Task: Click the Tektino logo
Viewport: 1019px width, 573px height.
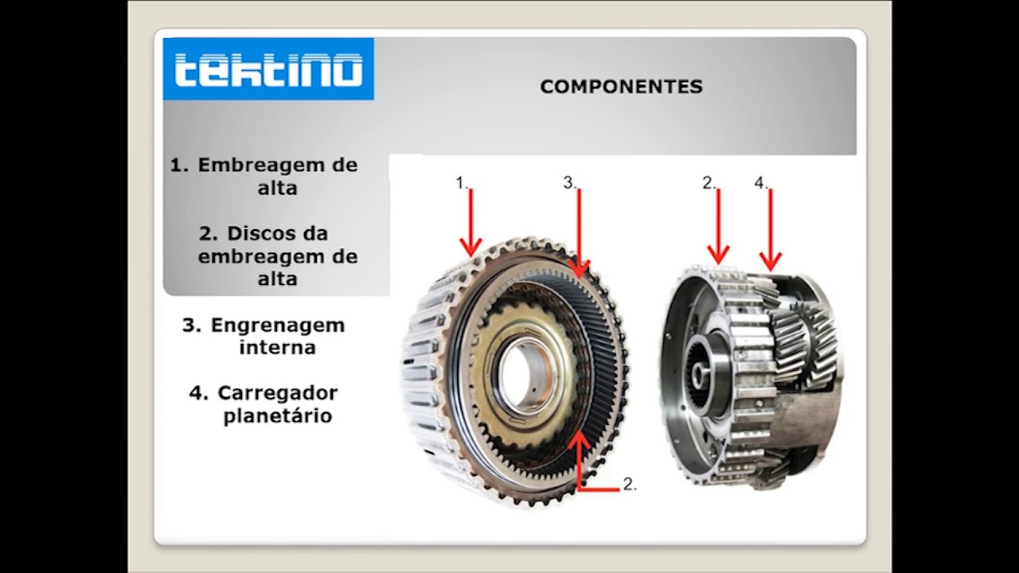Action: [x=268, y=69]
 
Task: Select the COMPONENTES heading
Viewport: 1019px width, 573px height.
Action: [x=621, y=87]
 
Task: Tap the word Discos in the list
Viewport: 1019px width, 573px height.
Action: [x=255, y=234]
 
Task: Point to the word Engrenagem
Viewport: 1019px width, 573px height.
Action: [x=277, y=325]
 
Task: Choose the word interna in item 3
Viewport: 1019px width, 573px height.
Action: [x=277, y=348]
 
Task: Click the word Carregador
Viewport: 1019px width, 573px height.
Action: [x=277, y=393]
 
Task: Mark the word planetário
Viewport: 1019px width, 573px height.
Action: [x=277, y=415]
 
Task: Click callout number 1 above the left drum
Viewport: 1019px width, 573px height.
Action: [x=461, y=182]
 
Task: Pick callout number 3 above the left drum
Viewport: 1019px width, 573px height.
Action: [x=569, y=182]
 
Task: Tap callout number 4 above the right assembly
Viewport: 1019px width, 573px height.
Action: [x=760, y=182]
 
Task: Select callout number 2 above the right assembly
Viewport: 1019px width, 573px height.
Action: [x=709, y=182]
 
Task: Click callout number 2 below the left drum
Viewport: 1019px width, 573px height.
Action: [x=630, y=484]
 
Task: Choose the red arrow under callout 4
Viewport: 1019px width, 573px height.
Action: [x=770, y=230]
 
